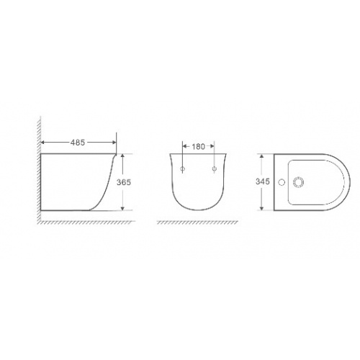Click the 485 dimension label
tap(78, 143)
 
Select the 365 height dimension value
tap(124, 182)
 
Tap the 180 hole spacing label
tap(198, 146)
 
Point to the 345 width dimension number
tap(262, 181)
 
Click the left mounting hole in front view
tap(183, 168)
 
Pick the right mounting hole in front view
tap(215, 168)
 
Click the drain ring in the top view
tap(298, 182)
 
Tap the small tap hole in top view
tap(282, 182)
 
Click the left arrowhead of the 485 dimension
tap(43, 143)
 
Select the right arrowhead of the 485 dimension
tap(114, 143)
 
